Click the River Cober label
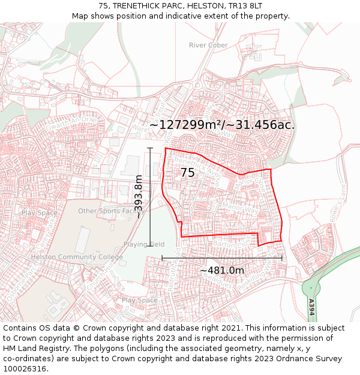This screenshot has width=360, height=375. click(x=208, y=45)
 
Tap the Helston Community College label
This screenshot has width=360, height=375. click(x=77, y=257)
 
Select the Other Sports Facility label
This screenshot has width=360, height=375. click(x=108, y=211)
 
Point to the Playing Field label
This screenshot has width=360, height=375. click(x=144, y=244)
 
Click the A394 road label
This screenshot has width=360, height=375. click(x=311, y=306)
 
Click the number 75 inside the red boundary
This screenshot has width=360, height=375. click(x=187, y=173)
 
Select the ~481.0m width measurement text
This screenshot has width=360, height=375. click(x=222, y=271)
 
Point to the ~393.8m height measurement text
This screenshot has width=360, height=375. click(x=139, y=196)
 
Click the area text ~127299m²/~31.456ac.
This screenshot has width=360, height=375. click(x=222, y=125)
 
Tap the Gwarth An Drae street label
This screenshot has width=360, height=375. click(x=71, y=122)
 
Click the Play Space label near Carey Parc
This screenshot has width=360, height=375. click(x=40, y=213)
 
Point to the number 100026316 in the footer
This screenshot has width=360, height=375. click(x=25, y=369)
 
